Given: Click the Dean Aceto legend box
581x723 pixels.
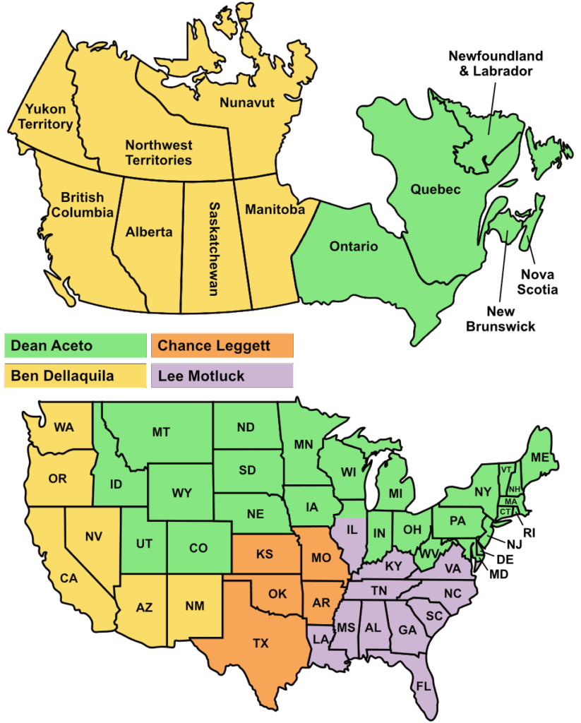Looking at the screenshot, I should (x=75, y=346).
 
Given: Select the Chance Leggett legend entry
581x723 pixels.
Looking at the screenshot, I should (x=222, y=346).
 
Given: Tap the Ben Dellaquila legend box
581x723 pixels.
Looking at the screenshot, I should (x=75, y=376).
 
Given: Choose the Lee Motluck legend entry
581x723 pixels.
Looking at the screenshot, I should (x=222, y=376).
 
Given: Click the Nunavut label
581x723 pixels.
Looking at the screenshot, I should (x=247, y=103).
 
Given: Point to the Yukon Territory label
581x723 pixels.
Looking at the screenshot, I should (x=49, y=117).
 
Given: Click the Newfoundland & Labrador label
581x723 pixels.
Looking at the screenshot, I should (x=496, y=63).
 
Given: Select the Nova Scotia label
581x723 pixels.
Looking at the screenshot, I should (x=538, y=282).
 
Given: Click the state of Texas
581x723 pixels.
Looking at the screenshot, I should (x=260, y=643).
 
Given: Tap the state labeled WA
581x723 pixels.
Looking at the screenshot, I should (x=64, y=427).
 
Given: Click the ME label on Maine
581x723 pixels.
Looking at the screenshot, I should (x=540, y=458).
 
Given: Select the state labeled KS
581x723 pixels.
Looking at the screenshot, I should (x=264, y=554).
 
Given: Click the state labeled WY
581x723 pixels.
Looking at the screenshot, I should (x=181, y=492).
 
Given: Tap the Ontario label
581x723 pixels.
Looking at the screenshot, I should (x=354, y=246).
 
